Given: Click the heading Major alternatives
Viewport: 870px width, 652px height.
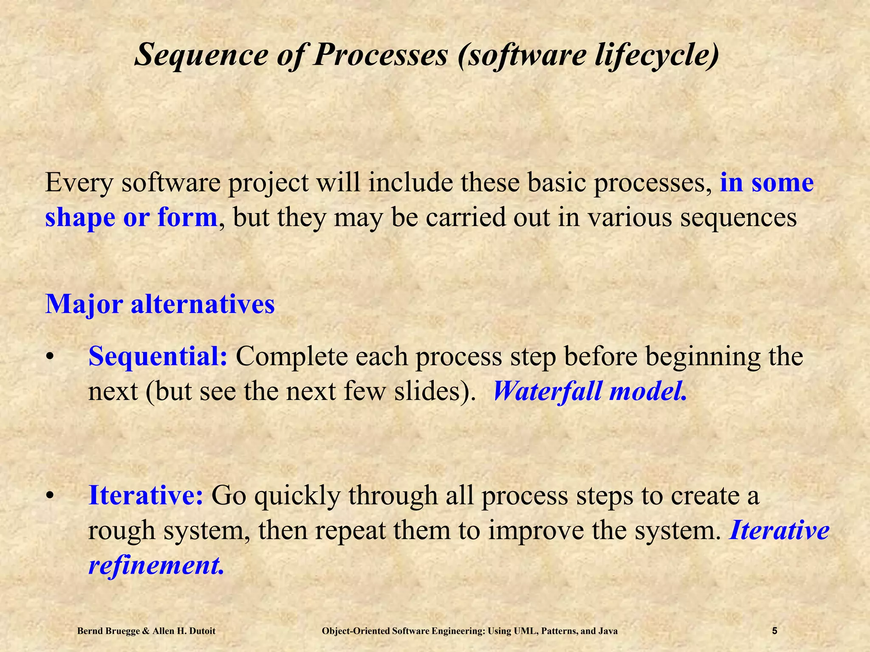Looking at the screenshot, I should (160, 304).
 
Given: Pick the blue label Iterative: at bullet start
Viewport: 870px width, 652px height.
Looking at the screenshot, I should (146, 495).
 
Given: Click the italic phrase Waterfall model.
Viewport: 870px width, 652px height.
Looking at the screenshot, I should (589, 391).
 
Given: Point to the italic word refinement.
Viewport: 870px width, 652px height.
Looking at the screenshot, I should (155, 565).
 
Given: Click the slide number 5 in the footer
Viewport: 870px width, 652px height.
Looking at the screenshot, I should (774, 631).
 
